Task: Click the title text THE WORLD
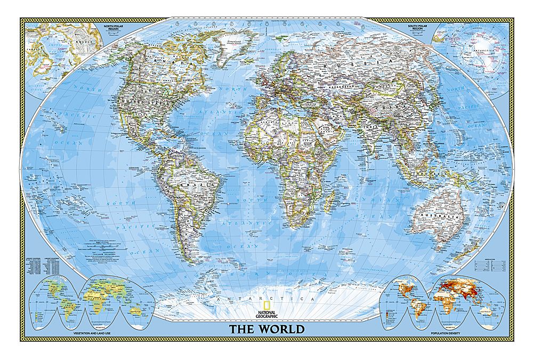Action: pos(267,329)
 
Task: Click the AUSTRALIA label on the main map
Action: pos(430,217)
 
